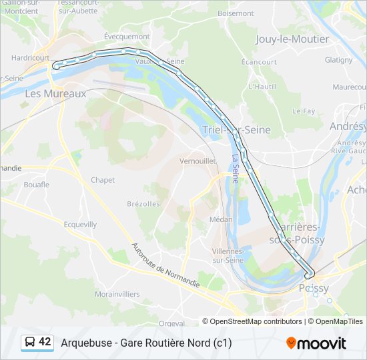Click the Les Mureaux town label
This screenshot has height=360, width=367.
(55, 94)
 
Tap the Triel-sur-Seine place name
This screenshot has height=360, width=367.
(236, 130)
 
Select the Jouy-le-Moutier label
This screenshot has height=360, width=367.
(292, 39)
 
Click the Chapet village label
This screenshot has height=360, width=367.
(103, 180)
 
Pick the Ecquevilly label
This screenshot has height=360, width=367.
(79, 224)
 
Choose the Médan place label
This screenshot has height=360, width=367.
(221, 219)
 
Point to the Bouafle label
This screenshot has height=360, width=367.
(37, 185)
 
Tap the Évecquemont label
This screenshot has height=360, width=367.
(127, 37)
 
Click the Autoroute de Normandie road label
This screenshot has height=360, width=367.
(165, 266)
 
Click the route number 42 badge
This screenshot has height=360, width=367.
(37, 342)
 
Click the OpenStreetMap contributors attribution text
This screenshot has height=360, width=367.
(256, 321)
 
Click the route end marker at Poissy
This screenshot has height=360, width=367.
(309, 275)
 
